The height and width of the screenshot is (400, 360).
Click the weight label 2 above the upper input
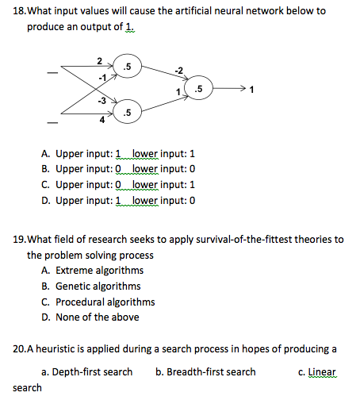98,60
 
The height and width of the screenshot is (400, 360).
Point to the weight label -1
101,78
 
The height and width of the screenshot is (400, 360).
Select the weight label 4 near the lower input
101,121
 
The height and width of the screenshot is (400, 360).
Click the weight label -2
179,72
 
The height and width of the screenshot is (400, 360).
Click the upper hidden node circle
128,67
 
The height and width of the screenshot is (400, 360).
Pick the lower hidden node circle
128,111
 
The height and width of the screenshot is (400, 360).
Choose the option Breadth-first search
205,371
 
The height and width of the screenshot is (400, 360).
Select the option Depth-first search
86,371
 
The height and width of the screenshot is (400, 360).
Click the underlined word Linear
323,371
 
